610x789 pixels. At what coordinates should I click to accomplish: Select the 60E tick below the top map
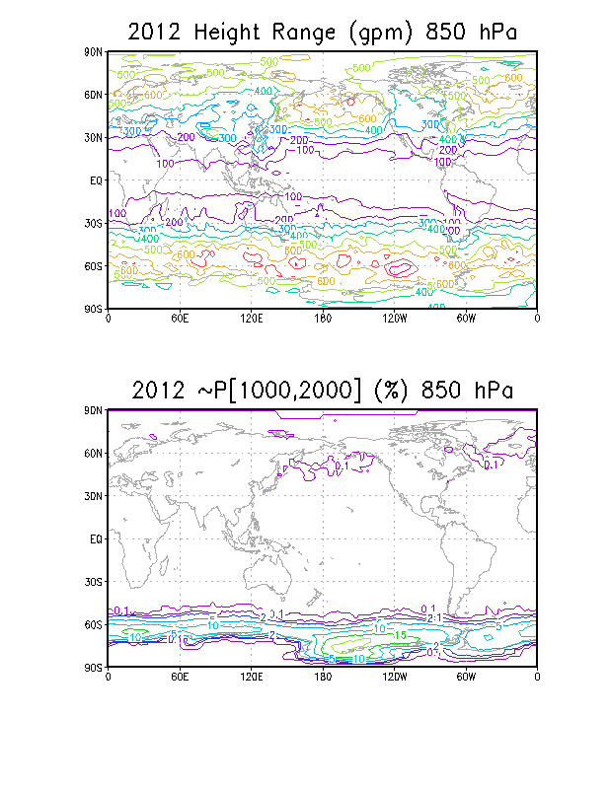[180, 320]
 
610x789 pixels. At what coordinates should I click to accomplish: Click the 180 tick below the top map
[323, 320]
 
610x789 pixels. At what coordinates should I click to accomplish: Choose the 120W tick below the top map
[394, 320]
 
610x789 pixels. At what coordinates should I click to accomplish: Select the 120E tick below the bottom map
[251, 679]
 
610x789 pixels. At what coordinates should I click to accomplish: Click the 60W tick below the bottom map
[466, 679]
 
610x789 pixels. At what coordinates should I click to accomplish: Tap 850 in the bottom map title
[441, 390]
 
